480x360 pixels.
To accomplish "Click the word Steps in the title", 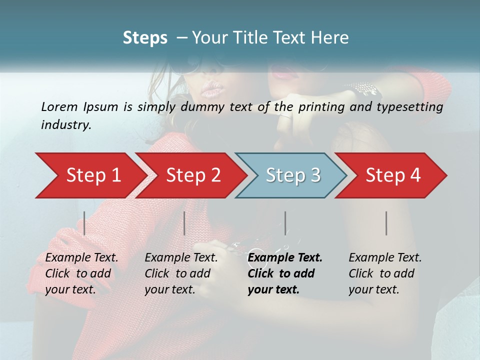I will [145, 38].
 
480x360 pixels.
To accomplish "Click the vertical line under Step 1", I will [84, 223].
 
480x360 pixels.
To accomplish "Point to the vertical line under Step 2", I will [184, 223].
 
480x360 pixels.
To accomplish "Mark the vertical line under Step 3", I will [285, 223].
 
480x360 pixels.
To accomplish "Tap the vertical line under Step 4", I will [386, 223].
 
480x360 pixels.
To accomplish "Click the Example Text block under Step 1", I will [81, 273].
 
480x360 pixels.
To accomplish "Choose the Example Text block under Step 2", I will [181, 273].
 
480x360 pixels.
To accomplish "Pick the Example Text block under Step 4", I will [385, 273].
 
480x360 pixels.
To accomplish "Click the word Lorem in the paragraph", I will [59, 106].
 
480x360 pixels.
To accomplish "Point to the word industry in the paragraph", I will [66, 125].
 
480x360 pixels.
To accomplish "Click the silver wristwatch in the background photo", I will [366, 90].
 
